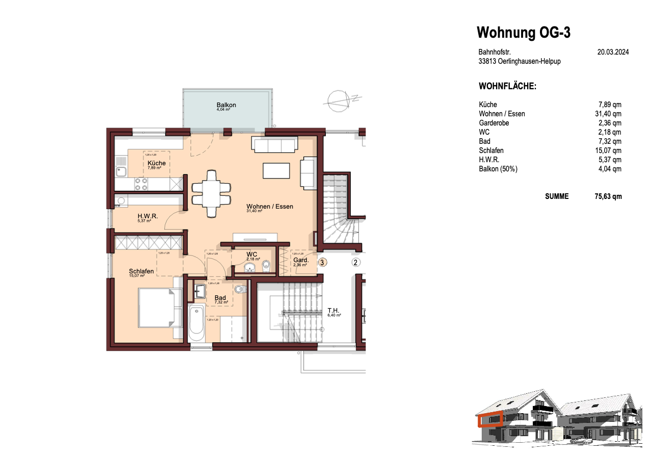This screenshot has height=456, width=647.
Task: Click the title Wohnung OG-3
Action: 523,33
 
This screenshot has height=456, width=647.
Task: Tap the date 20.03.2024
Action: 613,52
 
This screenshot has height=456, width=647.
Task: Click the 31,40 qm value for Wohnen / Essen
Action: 608,114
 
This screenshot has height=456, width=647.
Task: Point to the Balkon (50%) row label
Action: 498,169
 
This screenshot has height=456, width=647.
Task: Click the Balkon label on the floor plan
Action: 226,105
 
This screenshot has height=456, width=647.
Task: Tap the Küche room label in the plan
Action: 157,163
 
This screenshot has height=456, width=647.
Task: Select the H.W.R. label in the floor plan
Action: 147,216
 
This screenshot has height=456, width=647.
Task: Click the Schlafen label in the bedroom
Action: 141,271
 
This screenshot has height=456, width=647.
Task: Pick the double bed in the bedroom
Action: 160,308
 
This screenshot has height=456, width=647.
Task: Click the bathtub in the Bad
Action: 196,323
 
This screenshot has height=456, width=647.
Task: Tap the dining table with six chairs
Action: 211,187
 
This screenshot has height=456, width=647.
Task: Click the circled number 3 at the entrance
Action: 322,262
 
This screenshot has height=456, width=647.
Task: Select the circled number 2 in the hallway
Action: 356,262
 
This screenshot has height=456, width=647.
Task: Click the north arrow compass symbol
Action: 339,99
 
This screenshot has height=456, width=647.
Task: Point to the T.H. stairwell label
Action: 333,310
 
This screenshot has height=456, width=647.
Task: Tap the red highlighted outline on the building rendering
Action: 490,419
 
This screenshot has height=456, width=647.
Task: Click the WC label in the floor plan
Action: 251,254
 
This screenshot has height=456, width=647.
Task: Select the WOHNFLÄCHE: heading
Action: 507,86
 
